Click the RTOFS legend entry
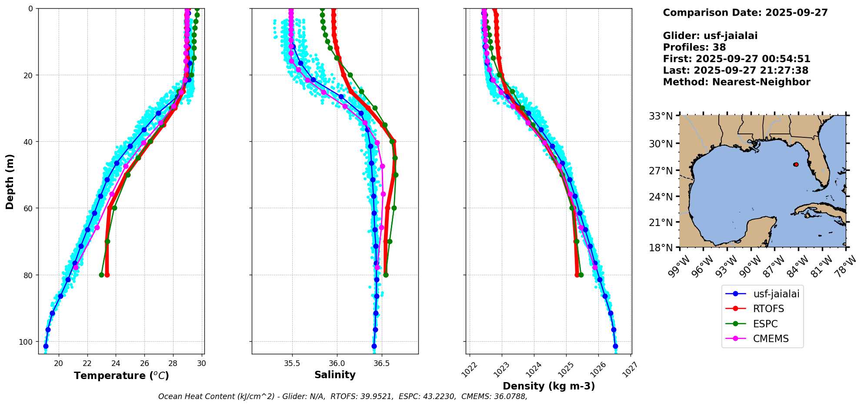[768, 309]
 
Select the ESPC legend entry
[765, 324]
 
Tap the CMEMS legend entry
[771, 339]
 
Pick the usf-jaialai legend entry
[776, 294]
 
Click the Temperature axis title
[121, 376]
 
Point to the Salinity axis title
[335, 375]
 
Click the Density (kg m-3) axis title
[549, 386]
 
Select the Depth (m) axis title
[10, 181]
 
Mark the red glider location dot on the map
[796, 164]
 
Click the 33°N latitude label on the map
[661, 116]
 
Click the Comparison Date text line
[745, 13]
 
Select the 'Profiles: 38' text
[694, 47]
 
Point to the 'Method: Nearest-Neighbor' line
[736, 82]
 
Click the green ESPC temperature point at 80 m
[101, 275]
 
